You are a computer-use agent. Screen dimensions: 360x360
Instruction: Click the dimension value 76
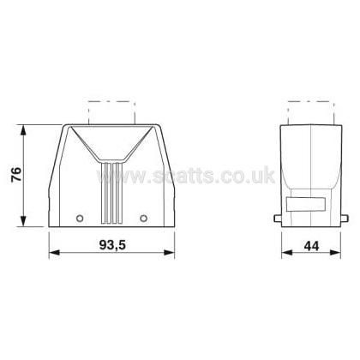click(16, 175)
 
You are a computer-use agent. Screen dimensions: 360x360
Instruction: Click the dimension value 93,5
click(112, 245)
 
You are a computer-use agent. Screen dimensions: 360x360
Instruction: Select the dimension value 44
click(311, 246)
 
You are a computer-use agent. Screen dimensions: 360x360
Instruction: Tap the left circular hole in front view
click(80, 219)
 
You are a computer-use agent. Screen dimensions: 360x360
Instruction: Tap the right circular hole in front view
click(144, 219)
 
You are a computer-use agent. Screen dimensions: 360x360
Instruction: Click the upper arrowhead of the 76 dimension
click(23, 131)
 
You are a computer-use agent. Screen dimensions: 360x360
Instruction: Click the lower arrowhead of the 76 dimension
click(23, 221)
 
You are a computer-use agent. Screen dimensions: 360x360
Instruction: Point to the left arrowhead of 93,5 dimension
click(54, 253)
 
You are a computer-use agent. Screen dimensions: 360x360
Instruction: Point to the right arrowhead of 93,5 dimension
click(169, 253)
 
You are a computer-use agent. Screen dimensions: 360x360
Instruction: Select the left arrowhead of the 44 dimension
click(287, 253)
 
